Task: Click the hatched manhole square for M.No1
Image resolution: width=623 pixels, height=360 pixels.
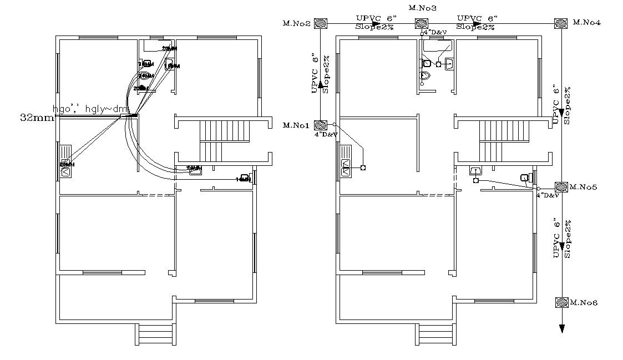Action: click(320, 125)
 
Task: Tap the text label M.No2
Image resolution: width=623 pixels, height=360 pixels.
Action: click(296, 23)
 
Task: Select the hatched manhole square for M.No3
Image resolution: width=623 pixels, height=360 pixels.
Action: click(422, 23)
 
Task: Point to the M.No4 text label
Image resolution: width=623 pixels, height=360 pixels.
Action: click(587, 22)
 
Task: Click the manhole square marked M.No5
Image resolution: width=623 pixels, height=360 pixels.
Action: click(561, 187)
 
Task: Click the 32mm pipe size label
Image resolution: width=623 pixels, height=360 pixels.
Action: click(37, 118)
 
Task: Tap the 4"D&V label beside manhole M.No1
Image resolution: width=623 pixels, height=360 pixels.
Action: click(326, 134)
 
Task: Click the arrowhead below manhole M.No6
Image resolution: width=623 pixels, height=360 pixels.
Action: click(562, 328)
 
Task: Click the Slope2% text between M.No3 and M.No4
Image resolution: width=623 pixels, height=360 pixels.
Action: click(475, 27)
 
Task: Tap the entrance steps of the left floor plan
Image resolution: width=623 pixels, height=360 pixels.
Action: click(155, 334)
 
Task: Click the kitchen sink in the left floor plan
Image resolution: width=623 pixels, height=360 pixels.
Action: click(65, 161)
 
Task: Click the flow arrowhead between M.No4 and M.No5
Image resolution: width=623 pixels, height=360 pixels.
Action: click(562, 113)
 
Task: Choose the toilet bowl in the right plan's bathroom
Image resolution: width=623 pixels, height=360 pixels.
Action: click(425, 76)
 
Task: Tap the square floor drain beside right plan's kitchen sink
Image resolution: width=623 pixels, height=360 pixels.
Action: click(363, 168)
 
